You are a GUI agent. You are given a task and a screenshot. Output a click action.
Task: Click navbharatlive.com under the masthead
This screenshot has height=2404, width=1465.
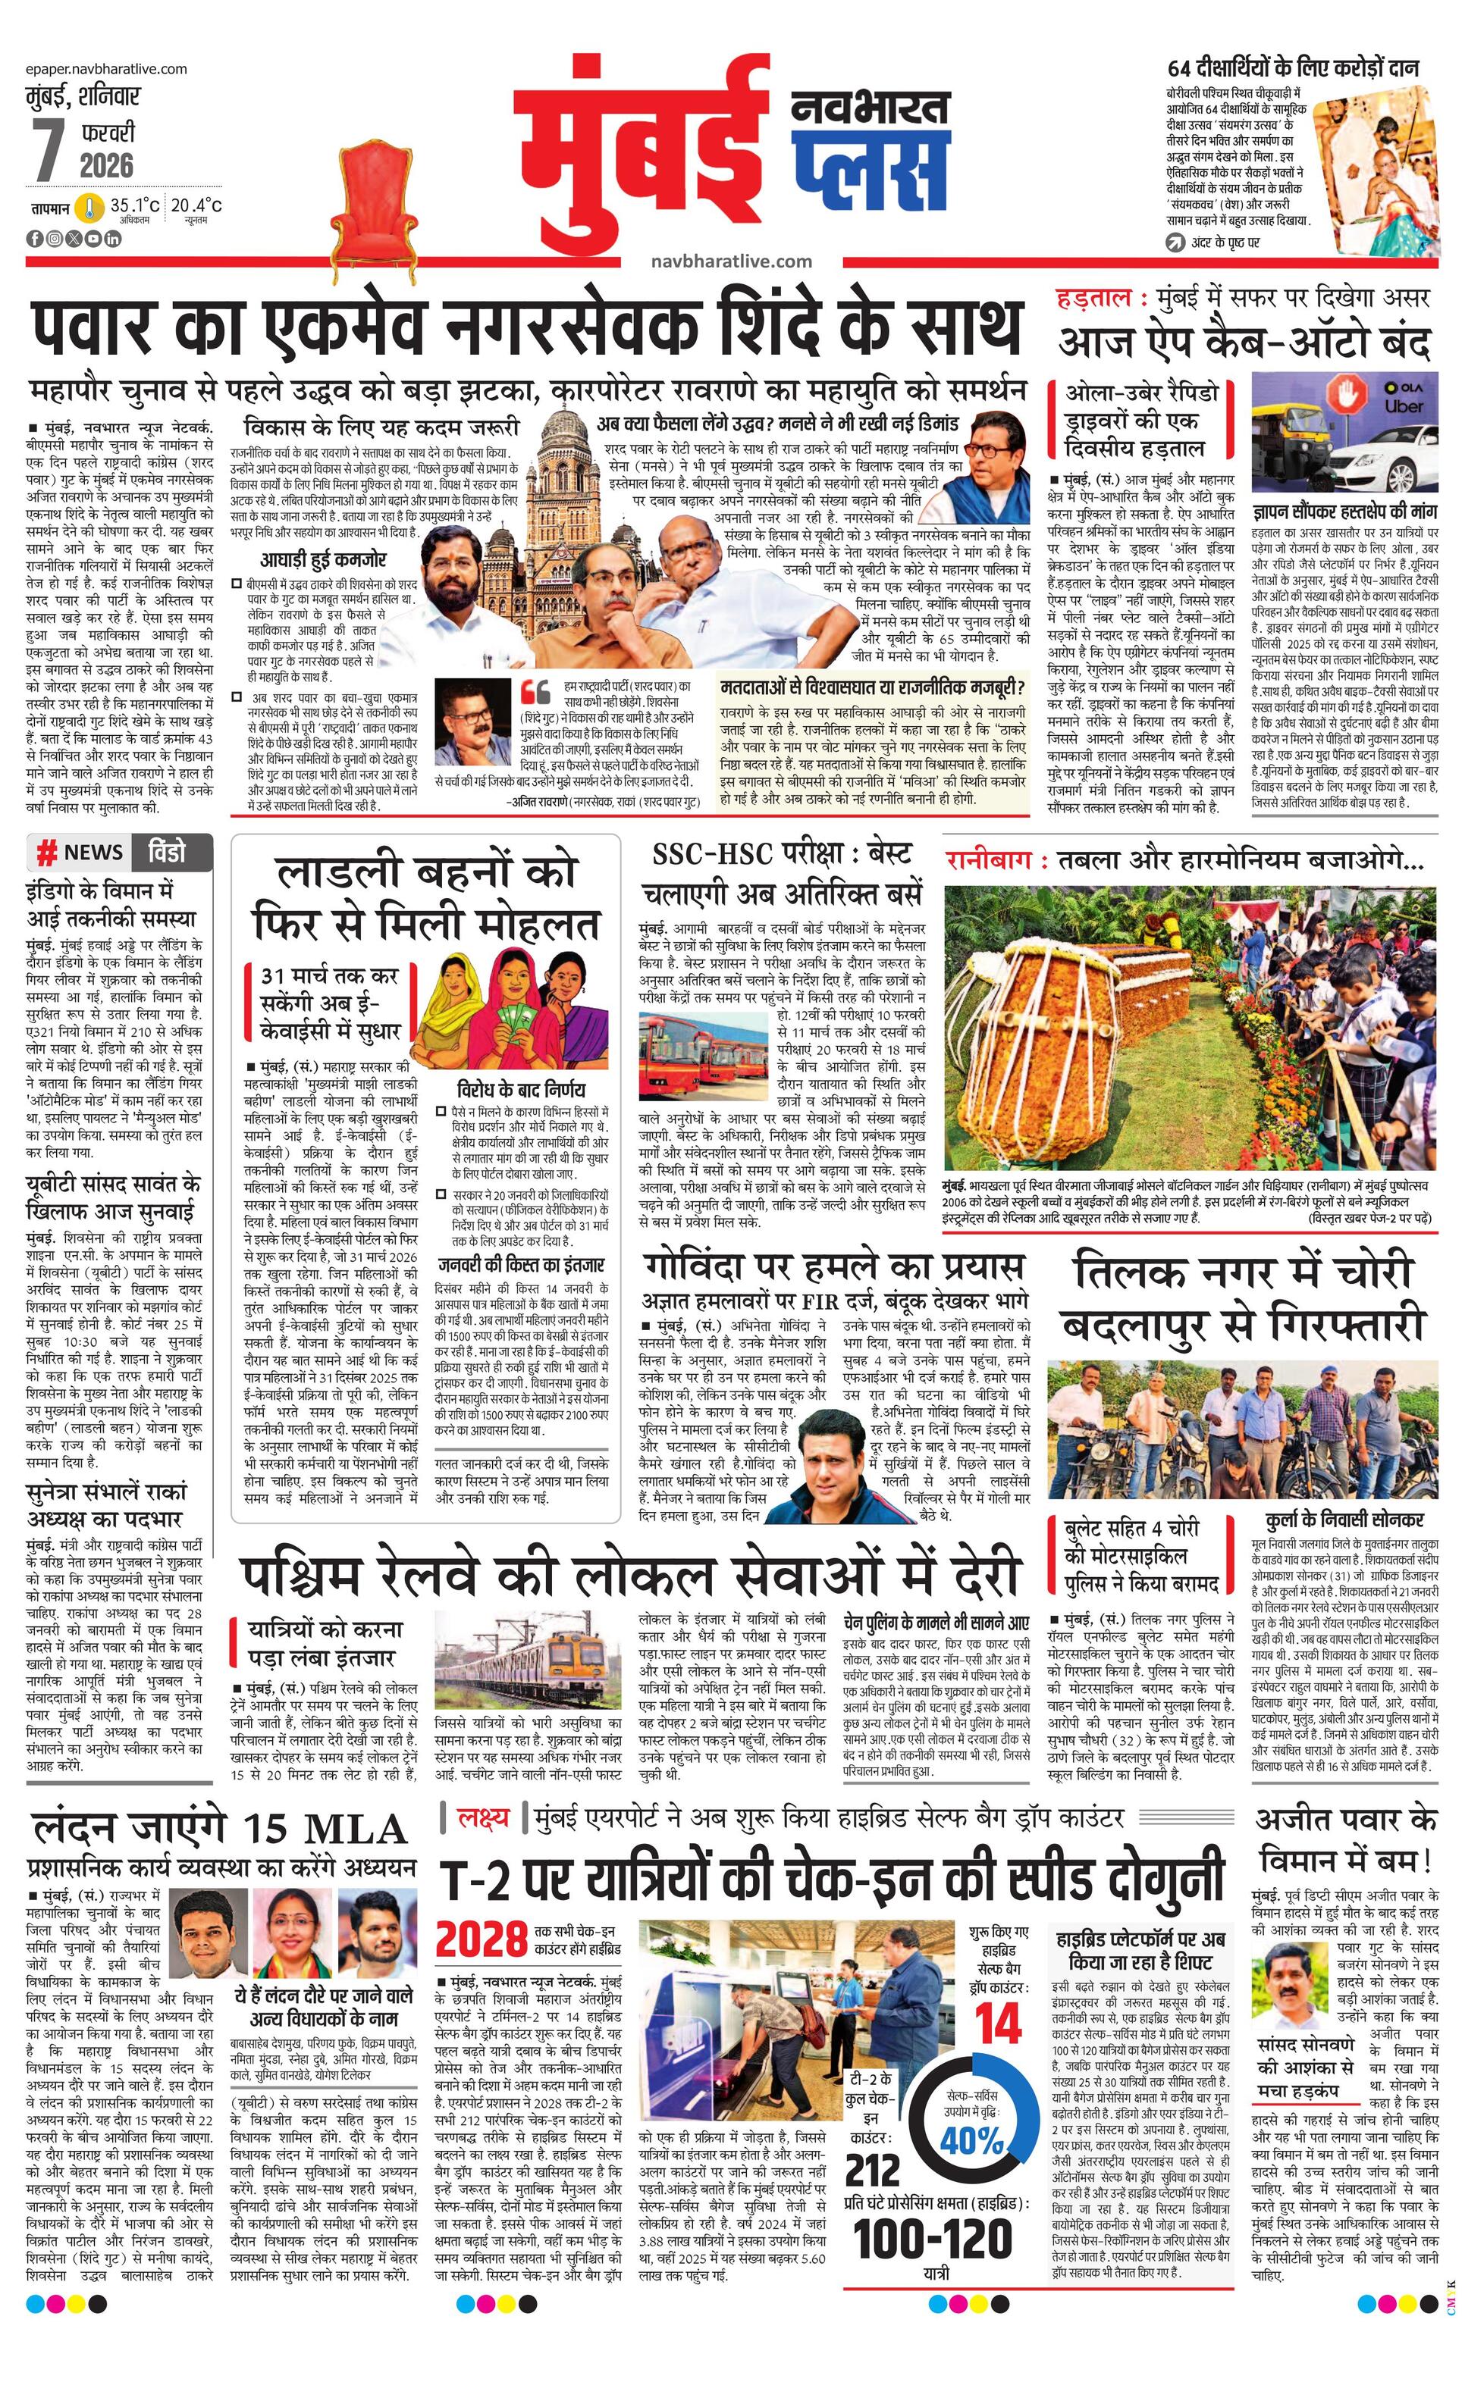tap(731, 261)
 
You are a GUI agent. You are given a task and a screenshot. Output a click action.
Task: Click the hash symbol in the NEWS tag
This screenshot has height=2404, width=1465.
tap(45, 853)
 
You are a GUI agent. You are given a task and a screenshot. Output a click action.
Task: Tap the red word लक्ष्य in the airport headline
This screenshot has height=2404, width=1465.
tap(482, 1817)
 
